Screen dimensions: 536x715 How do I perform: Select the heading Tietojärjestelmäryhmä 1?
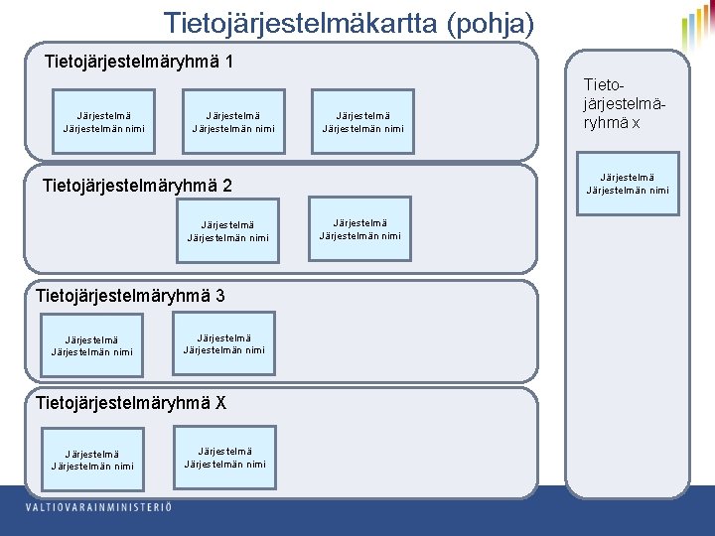click(139, 63)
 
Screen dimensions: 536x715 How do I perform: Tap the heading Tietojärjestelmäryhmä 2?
click(138, 186)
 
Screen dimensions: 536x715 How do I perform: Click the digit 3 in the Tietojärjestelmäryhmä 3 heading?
click(219, 295)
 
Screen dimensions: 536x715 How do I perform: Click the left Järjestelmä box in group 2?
click(227, 231)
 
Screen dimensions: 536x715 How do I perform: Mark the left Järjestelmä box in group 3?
click(91, 345)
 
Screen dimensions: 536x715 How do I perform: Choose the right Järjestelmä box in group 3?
click(224, 343)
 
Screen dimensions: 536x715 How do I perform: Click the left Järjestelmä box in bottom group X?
click(91, 460)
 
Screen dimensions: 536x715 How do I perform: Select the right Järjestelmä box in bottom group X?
click(224, 458)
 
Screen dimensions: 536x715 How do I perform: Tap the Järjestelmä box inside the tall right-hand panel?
click(628, 184)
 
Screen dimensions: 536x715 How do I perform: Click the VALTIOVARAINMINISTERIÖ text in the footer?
click(98, 508)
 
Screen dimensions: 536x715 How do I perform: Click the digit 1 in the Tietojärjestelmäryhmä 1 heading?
click(229, 63)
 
